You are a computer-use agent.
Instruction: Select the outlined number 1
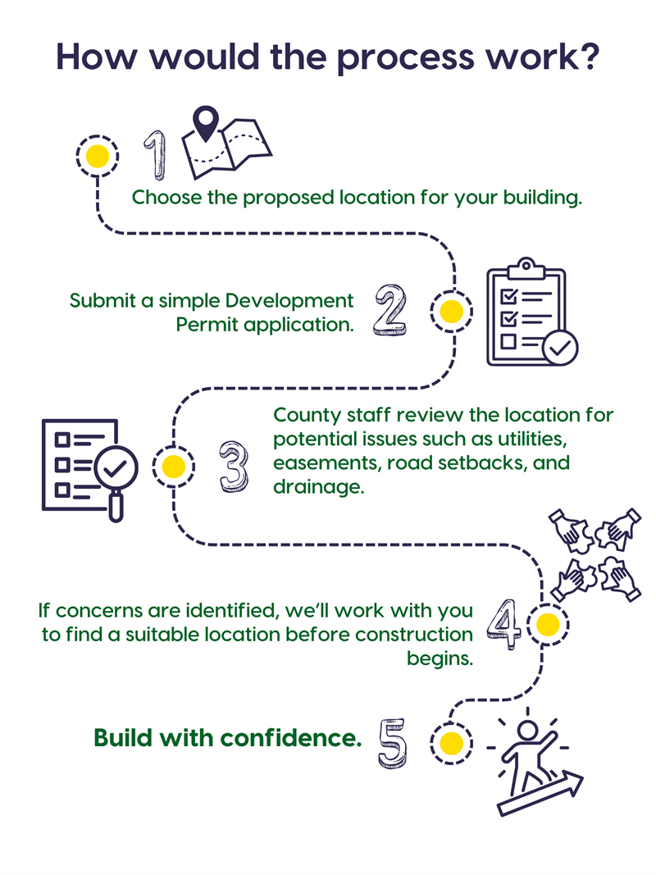coord(156,155)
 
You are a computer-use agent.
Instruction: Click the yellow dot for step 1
coord(98,157)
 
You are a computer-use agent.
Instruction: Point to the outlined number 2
coord(390,310)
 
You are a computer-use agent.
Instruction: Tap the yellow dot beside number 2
coord(451,312)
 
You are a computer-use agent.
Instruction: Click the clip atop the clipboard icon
coord(526,268)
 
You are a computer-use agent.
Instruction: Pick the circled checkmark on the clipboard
coord(560,349)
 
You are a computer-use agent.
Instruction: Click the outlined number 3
coord(233,467)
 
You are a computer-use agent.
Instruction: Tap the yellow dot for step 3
coord(174,467)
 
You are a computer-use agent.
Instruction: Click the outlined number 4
coord(504,624)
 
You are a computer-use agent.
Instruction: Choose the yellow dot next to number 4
coord(547,624)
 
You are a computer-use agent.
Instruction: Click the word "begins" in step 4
coord(438,659)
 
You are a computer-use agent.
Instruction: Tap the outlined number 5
coord(393,744)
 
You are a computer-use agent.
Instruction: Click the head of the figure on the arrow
coord(528,730)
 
